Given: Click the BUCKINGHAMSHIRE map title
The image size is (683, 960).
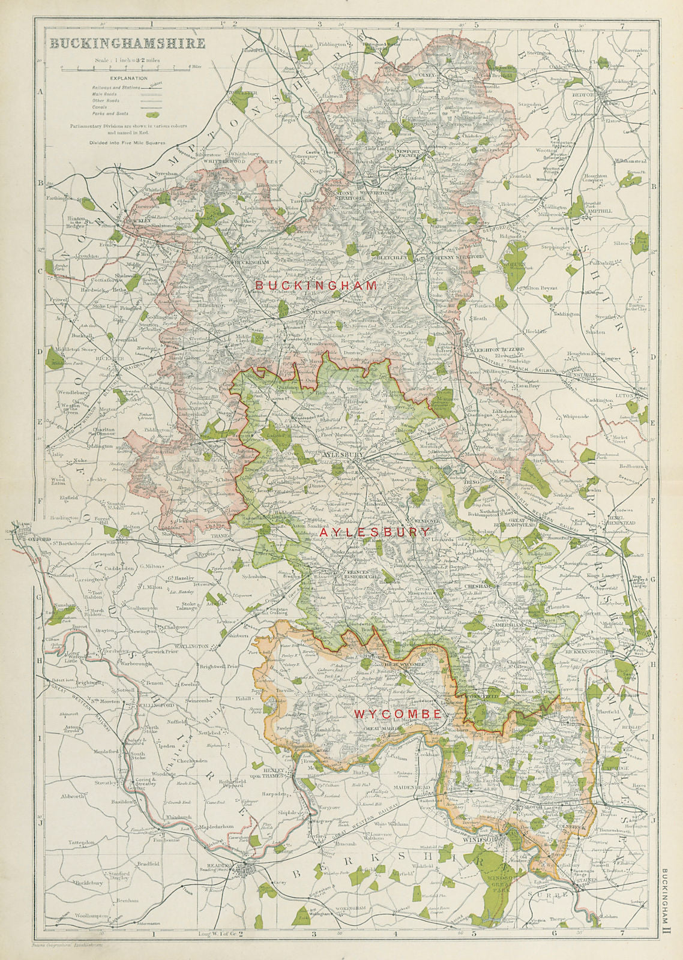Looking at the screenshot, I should pos(127,44).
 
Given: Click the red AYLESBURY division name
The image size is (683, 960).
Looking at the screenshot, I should pos(374,532).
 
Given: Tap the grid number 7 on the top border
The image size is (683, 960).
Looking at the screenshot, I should pos(622,26).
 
